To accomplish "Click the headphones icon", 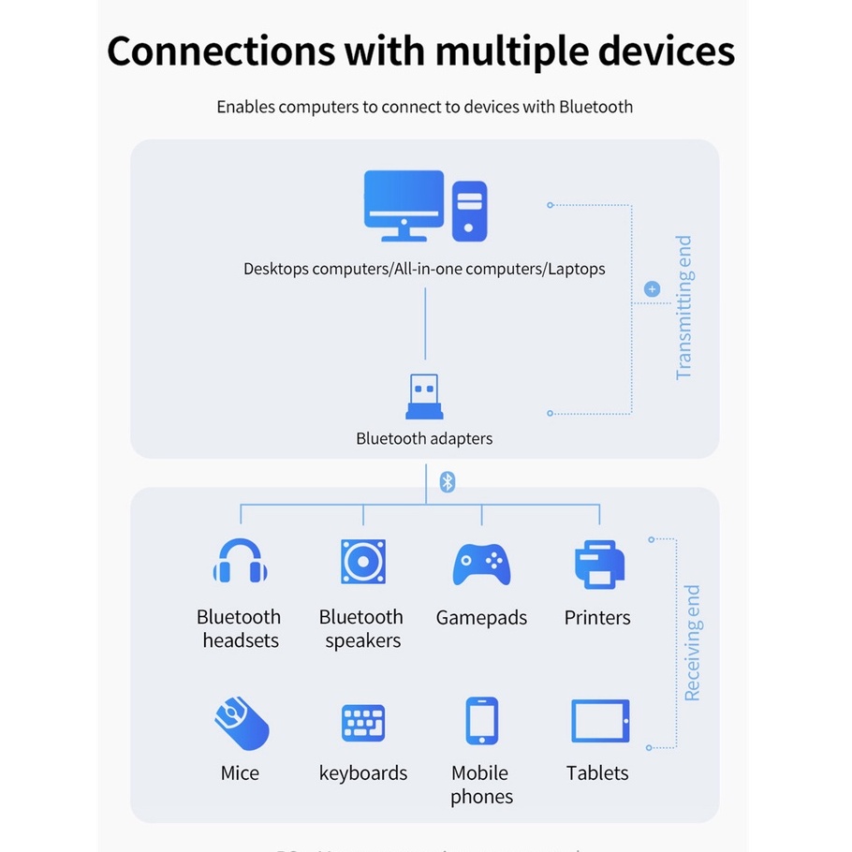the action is pos(240,562).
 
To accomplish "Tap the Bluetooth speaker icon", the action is pos(362,562).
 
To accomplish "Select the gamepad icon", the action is pos(481,564).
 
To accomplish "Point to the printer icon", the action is pos(598,564).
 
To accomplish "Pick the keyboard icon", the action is pos(362,723).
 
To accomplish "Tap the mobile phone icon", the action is pos(481,722).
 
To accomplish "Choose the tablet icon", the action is pos(600,722).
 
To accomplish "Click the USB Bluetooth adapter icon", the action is pos(424,397).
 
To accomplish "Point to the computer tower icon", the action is pos(469,211).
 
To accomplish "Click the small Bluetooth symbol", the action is pos(448,482).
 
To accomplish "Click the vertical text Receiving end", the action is pos(692,643).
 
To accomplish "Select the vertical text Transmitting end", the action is pos(684,307).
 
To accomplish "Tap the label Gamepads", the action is pos(481,618).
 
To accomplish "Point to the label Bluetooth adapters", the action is pos(424,438).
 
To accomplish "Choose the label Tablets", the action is pos(597,773).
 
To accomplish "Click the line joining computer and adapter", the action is pos(425,323).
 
